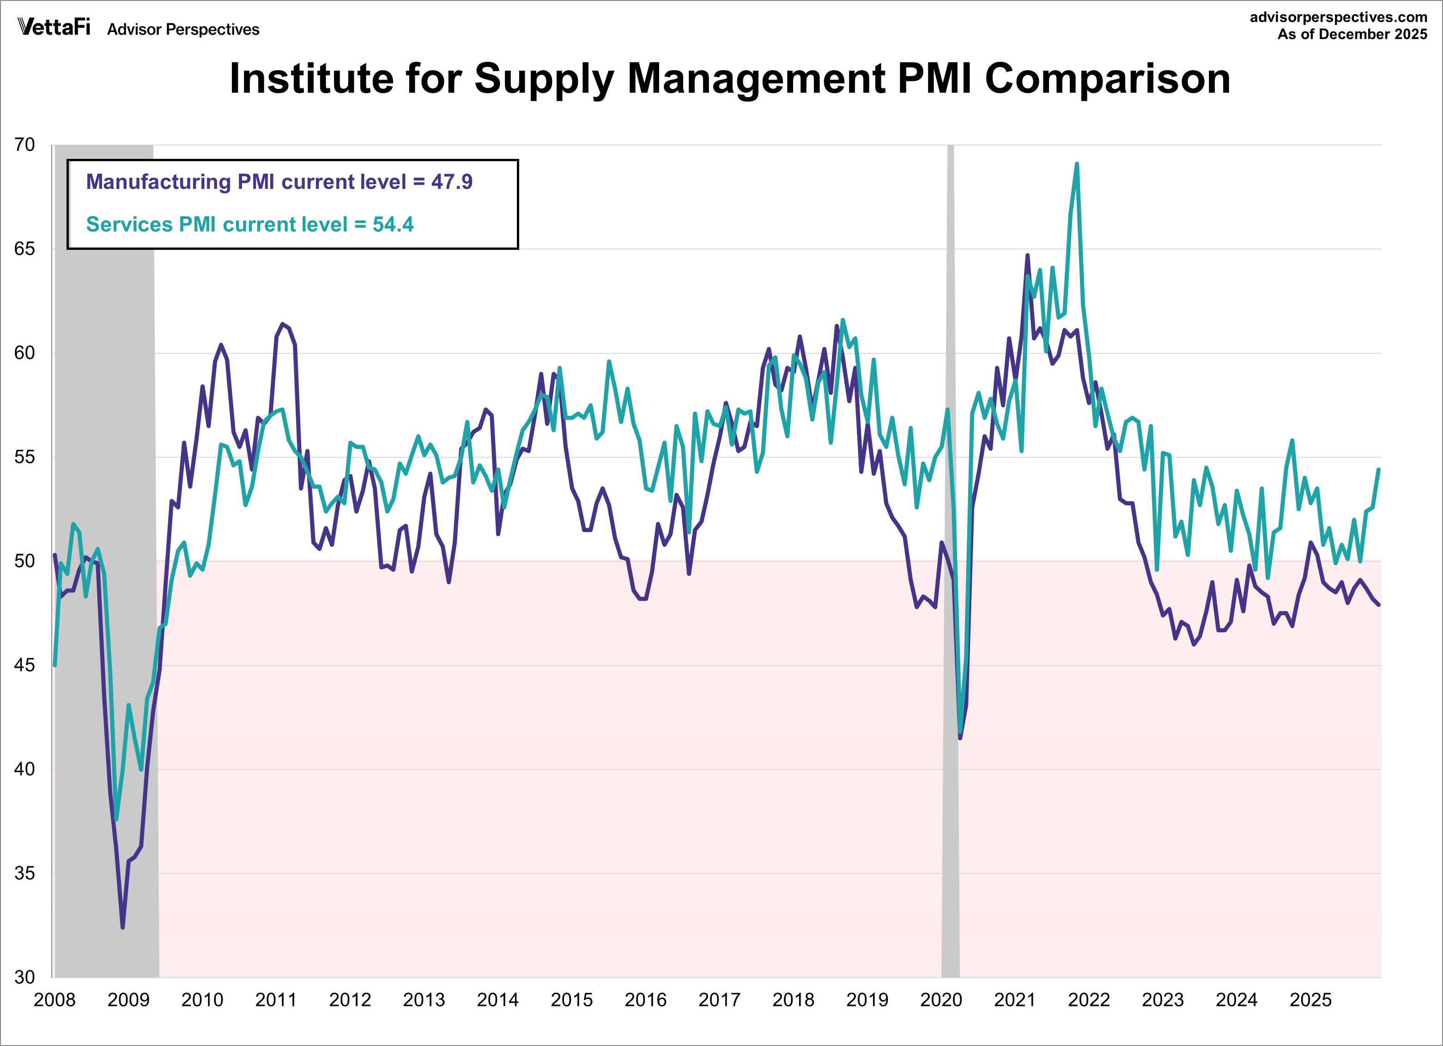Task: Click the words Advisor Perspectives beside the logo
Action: (x=183, y=29)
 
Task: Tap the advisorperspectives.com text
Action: (x=1338, y=17)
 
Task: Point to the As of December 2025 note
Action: (x=1352, y=34)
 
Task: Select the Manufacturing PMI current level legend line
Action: (x=279, y=182)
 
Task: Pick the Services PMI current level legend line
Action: (x=249, y=224)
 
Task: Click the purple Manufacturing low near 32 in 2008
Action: (x=123, y=927)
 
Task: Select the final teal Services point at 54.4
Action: (x=1379, y=470)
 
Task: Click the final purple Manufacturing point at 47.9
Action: (x=1379, y=605)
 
